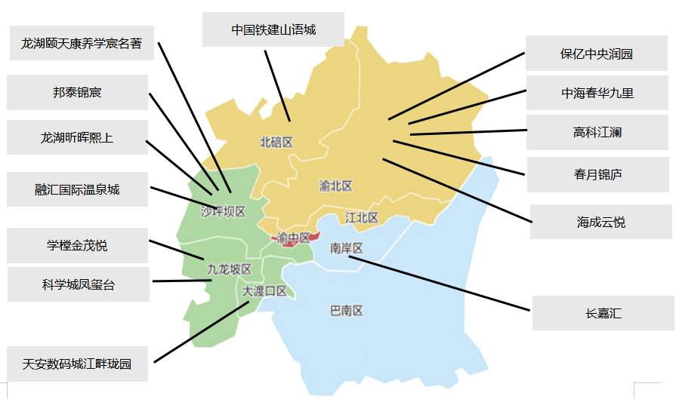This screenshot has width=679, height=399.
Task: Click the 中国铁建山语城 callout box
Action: (x=273, y=31)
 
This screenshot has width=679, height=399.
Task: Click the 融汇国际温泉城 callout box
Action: (x=77, y=189)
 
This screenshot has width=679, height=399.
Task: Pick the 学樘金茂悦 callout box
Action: (x=77, y=246)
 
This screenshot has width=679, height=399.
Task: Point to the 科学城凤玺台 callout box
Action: (x=79, y=284)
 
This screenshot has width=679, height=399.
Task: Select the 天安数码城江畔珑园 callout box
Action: (x=77, y=364)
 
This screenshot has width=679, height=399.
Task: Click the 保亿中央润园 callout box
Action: (x=597, y=54)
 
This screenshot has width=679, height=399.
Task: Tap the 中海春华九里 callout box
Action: (x=597, y=93)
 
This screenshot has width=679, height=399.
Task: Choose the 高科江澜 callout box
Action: (x=597, y=133)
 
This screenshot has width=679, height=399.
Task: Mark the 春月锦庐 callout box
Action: (x=597, y=174)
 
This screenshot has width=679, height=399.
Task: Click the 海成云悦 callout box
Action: (x=600, y=222)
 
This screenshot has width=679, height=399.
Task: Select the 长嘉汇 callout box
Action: (x=603, y=313)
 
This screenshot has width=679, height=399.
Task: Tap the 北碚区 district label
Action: (x=276, y=142)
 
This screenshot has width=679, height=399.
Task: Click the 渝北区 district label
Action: (x=335, y=186)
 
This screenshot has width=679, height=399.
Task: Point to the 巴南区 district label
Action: (x=347, y=310)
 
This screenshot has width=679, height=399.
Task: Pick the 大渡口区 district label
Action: (x=264, y=290)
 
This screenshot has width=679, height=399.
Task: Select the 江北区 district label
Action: (x=361, y=217)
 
